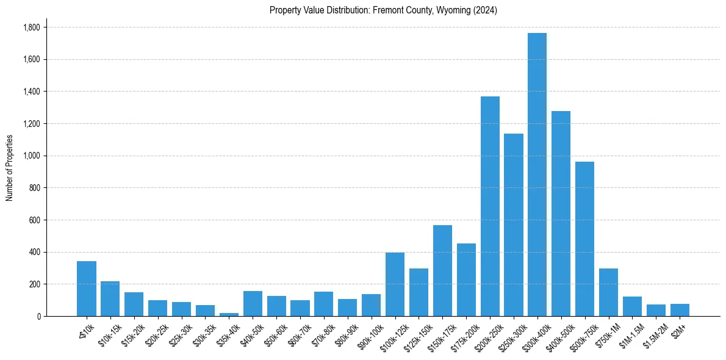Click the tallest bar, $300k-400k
click(537, 175)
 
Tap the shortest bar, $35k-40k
click(229, 314)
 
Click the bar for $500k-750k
click(584, 239)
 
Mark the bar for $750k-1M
click(608, 292)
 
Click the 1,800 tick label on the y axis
click(32, 27)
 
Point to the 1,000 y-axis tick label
click(32, 156)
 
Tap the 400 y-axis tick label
click(35, 252)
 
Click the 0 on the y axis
click(38, 316)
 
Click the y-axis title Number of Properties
click(9, 168)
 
